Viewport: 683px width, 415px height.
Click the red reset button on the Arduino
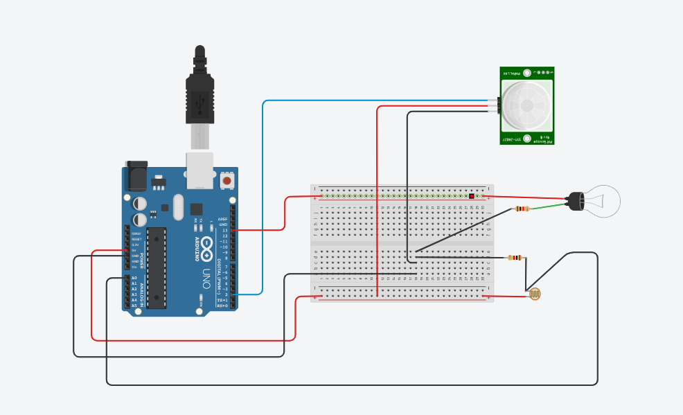[227, 182]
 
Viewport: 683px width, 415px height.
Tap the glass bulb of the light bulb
[603, 201]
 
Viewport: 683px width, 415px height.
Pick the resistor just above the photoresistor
[515, 258]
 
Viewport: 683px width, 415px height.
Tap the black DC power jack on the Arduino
[136, 177]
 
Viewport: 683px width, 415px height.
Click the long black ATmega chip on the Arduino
[157, 267]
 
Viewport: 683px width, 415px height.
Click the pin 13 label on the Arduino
[224, 230]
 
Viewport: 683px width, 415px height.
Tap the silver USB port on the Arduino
[200, 170]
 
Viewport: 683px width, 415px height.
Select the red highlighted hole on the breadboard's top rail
[472, 196]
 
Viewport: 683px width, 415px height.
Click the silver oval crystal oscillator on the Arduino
[178, 207]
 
